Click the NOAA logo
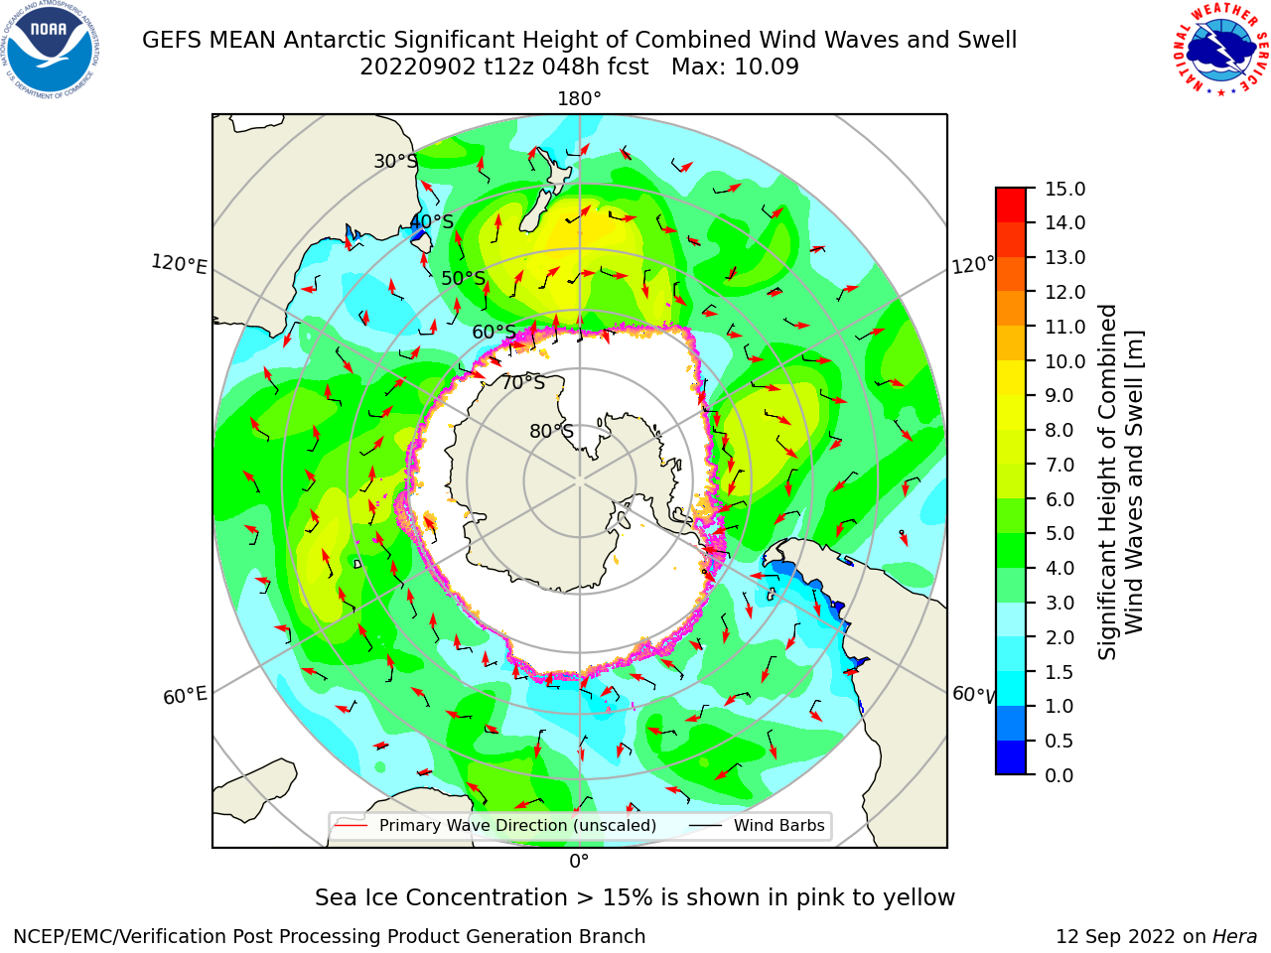[x=50, y=50]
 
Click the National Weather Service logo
[x=1220, y=49]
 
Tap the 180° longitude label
[x=579, y=99]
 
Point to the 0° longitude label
[x=579, y=862]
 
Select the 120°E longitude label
[x=179, y=264]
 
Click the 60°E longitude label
[x=185, y=696]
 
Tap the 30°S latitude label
[x=395, y=161]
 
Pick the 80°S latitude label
[x=551, y=431]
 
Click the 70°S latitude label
[x=523, y=382]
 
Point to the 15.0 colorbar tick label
[x=1064, y=190]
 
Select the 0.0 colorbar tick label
[x=1059, y=775]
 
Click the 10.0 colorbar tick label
[x=1064, y=361]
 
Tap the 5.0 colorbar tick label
[x=1059, y=533]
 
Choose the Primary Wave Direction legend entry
[x=496, y=826]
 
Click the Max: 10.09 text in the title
[x=735, y=68]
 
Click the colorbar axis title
[x=1120, y=482]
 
